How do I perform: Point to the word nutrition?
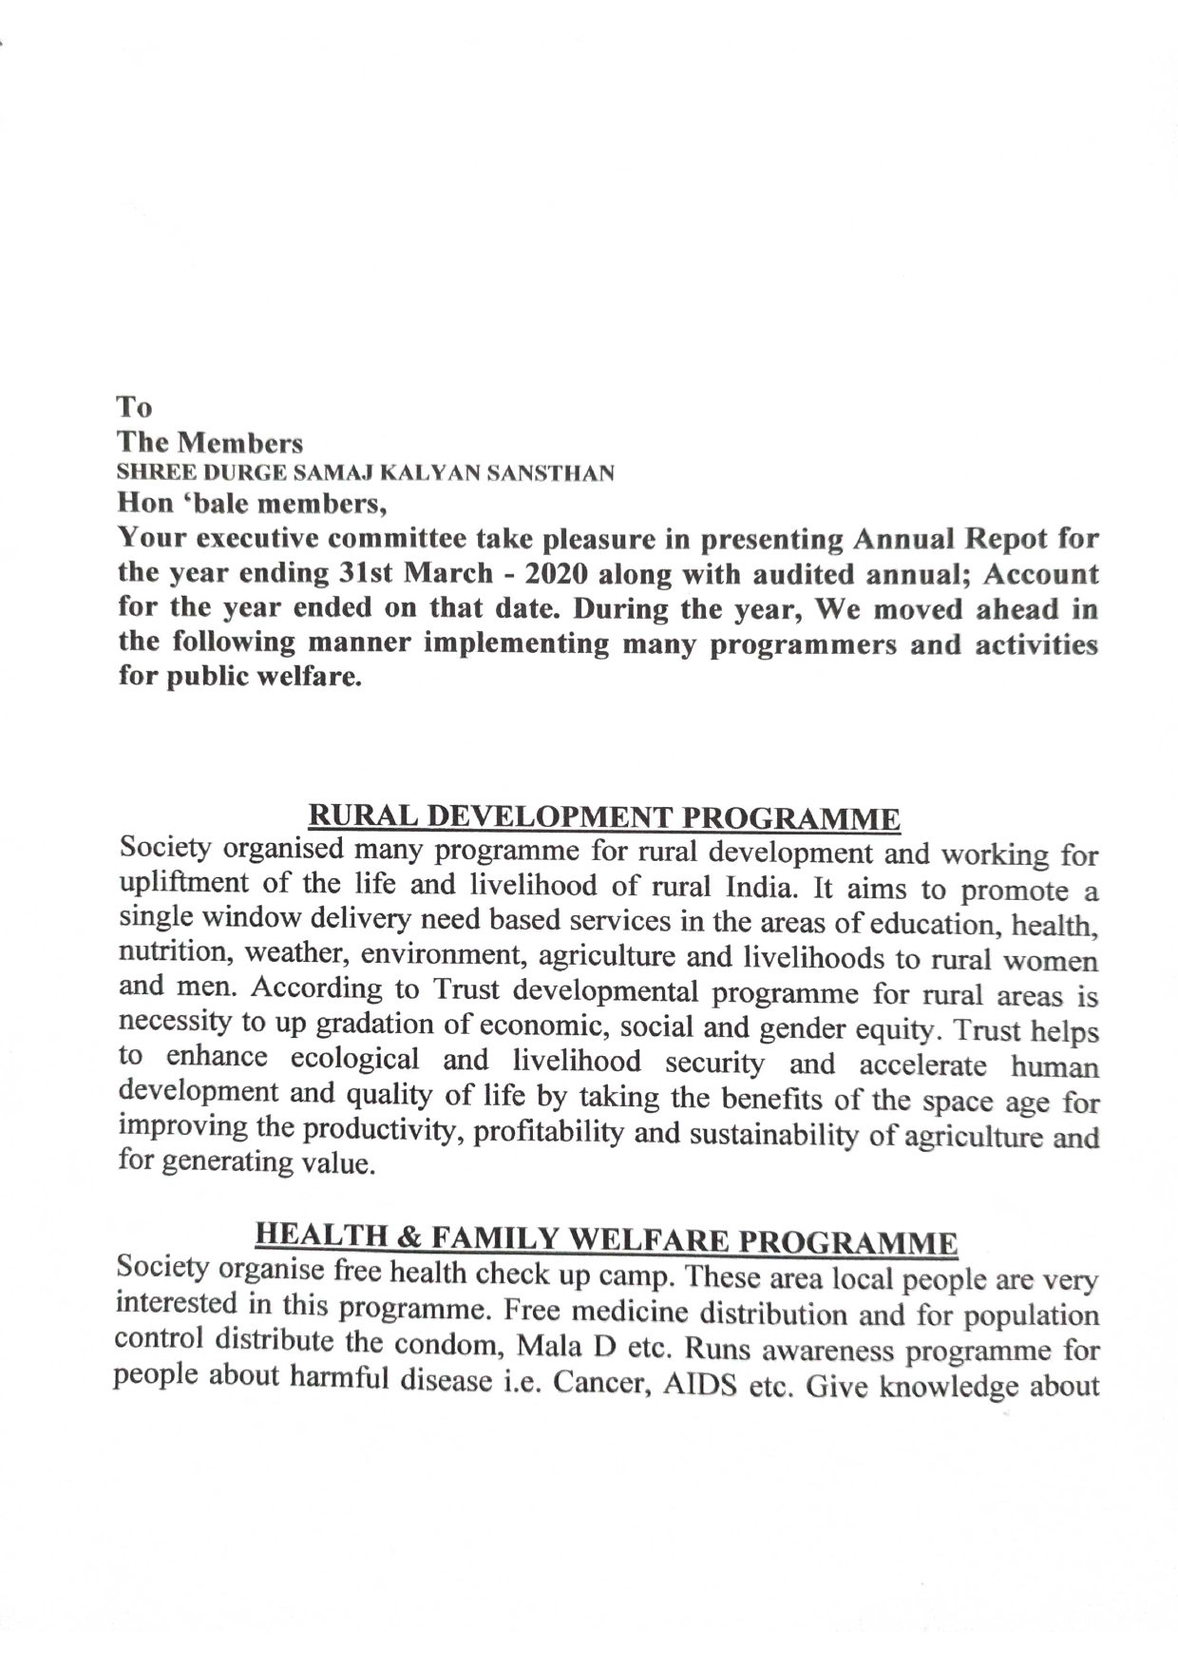pyautogui.click(x=161, y=951)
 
